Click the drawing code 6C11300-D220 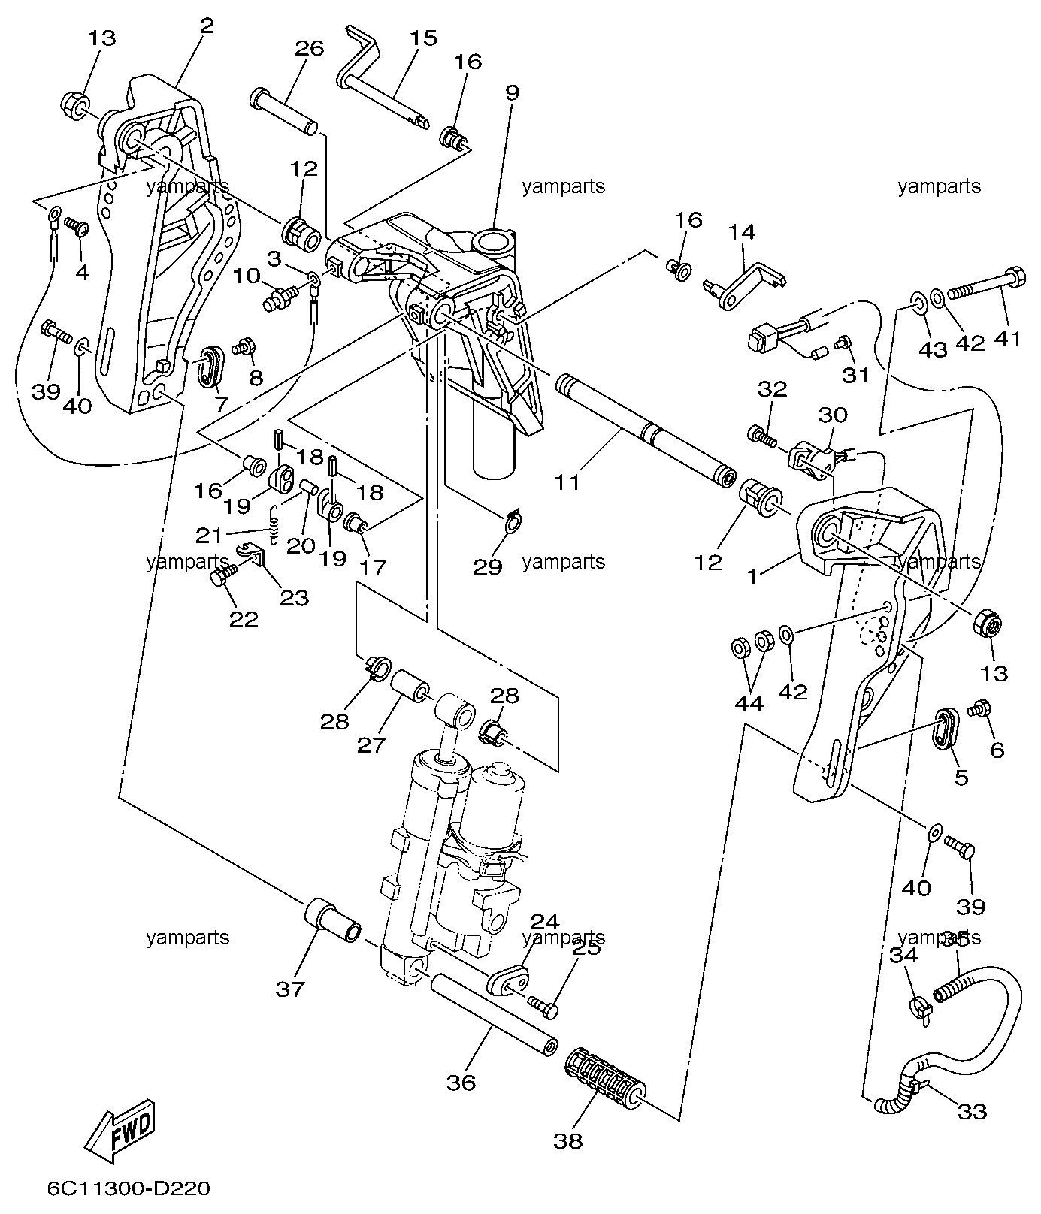pyautogui.click(x=129, y=1189)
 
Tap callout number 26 pyautogui.click(x=309, y=50)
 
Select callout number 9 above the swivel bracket pyautogui.click(x=512, y=93)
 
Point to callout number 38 pyautogui.click(x=568, y=1140)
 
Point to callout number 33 pyautogui.click(x=972, y=1111)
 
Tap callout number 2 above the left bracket pyautogui.click(x=207, y=26)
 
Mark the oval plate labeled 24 pyautogui.click(x=507, y=980)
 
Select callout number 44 pyautogui.click(x=749, y=703)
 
